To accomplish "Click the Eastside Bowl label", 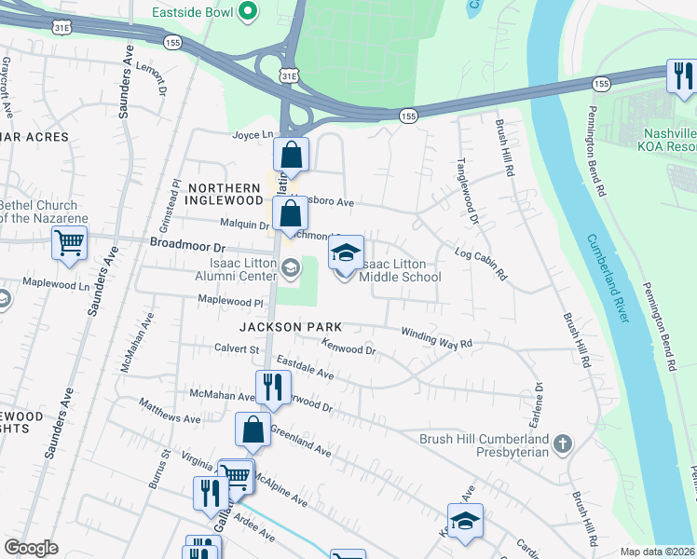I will [192, 13].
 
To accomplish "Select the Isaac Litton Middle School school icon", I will [345, 252].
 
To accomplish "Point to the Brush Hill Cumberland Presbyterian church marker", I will [562, 444].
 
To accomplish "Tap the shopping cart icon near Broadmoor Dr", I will [70, 243].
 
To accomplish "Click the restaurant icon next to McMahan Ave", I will [272, 386].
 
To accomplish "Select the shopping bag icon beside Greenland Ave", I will [253, 429].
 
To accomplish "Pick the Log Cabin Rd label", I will [479, 264].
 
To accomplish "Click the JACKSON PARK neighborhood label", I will [291, 327].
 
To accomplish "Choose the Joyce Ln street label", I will [253, 134].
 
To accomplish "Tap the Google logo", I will [31, 548].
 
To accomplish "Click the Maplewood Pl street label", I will [231, 302].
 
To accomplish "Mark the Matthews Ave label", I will [170, 413].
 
